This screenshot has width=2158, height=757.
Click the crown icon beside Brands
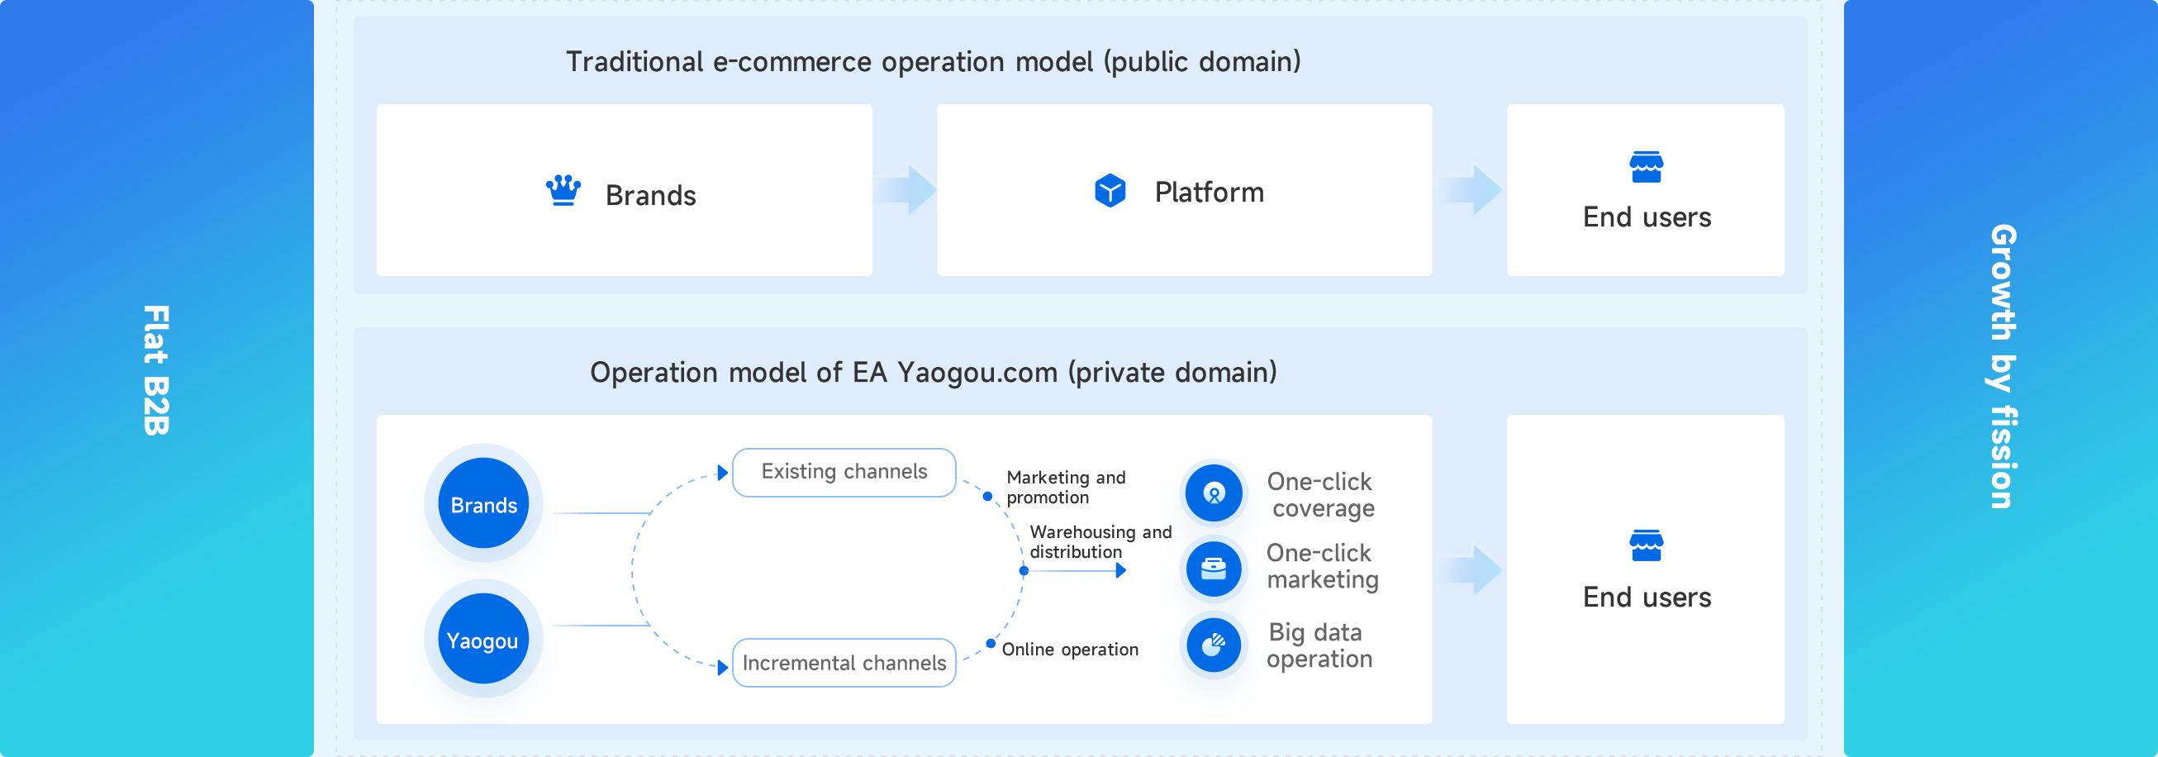(563, 190)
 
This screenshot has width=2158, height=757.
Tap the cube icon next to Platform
(1110, 191)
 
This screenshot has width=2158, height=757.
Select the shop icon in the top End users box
(1645, 167)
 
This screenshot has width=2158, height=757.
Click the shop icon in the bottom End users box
(1645, 545)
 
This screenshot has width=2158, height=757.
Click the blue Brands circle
(483, 504)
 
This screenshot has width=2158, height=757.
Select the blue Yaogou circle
(483, 640)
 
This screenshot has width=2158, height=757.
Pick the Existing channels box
(844, 472)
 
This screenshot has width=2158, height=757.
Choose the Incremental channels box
(844, 662)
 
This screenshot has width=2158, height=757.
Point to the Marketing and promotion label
(1065, 487)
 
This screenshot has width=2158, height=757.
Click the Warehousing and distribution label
(1099, 541)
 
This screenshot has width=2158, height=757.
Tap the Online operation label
(1069, 650)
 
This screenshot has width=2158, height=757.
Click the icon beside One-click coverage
(1213, 493)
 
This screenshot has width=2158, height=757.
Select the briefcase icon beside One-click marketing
(1213, 569)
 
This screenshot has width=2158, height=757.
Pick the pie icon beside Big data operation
(1213, 644)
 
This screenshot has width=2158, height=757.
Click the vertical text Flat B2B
(157, 369)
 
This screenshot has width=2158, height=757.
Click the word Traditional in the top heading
(635, 62)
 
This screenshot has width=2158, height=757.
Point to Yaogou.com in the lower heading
(977, 372)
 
